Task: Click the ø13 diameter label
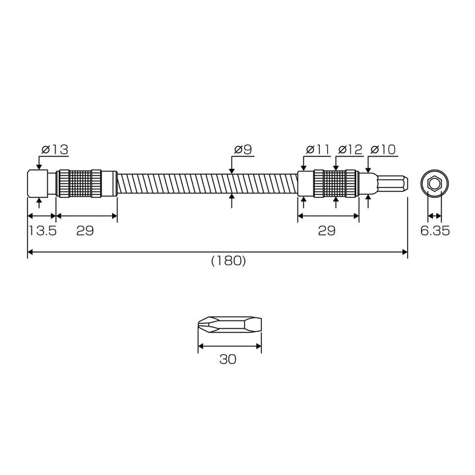pyautogui.click(x=55, y=150)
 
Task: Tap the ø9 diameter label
pyautogui.click(x=243, y=150)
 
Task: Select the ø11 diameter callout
pyautogui.click(x=317, y=150)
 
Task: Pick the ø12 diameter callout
pyautogui.click(x=350, y=150)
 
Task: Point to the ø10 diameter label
pyautogui.click(x=383, y=150)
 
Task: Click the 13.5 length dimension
pyautogui.click(x=42, y=231)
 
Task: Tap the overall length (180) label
pyautogui.click(x=228, y=261)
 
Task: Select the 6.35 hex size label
pyautogui.click(x=435, y=231)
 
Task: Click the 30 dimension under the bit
pyautogui.click(x=228, y=360)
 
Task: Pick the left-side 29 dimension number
pyautogui.click(x=85, y=231)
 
